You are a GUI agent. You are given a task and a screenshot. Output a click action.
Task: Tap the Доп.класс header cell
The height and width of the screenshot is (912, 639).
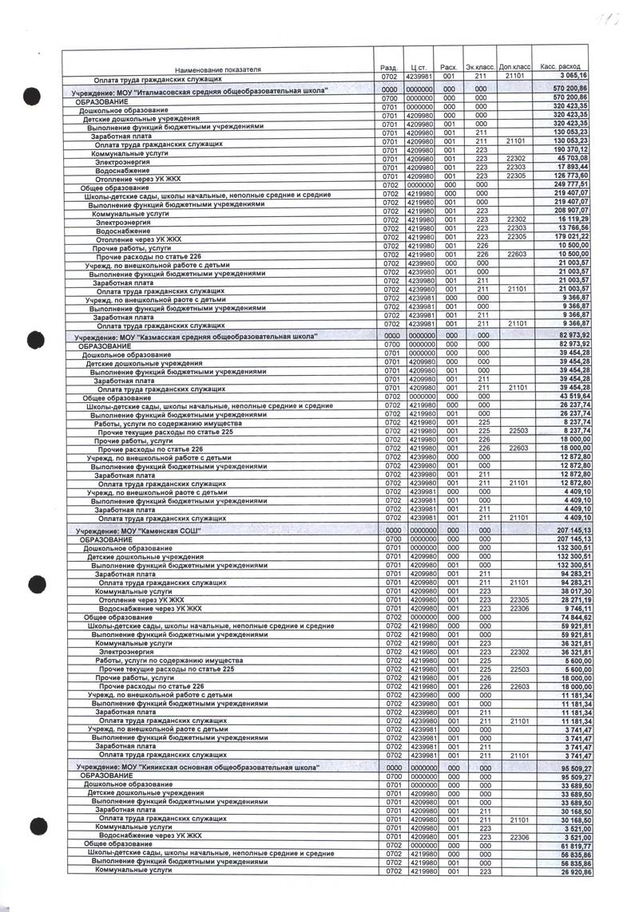coord(515,66)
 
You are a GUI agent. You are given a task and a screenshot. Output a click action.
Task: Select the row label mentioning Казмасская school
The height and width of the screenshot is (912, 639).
coord(195,338)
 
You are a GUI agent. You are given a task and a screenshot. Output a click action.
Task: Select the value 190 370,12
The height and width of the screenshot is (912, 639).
coord(569,149)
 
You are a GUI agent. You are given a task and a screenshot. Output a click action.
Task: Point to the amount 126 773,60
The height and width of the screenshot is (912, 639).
coord(569,176)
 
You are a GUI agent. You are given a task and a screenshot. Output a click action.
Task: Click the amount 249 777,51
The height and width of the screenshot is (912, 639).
coord(569,184)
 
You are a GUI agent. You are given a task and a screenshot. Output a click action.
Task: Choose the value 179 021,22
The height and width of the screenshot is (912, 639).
coord(569,236)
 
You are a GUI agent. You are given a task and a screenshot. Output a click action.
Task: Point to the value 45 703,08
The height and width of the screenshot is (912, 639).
coord(569,158)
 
